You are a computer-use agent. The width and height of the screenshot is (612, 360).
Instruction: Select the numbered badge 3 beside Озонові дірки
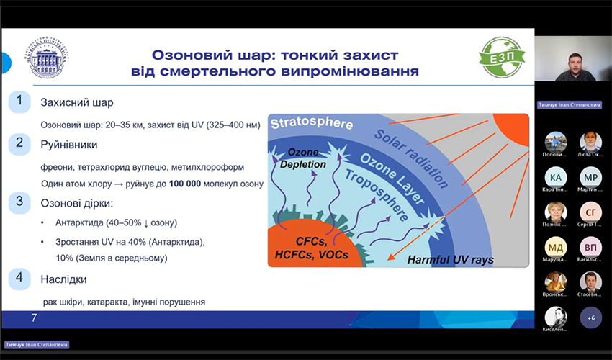click(x=20, y=202)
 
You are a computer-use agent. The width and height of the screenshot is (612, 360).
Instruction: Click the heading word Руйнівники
click(x=68, y=144)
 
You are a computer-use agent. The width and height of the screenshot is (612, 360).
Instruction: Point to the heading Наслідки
click(x=64, y=279)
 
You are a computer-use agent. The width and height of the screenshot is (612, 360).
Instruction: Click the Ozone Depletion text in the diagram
click(x=306, y=158)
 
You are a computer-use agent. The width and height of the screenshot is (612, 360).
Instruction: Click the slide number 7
click(x=34, y=318)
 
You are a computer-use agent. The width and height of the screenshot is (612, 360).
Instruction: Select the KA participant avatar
click(x=556, y=177)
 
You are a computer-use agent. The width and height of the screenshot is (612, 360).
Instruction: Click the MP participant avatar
click(x=591, y=177)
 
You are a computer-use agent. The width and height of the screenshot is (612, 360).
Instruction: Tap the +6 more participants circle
click(x=591, y=318)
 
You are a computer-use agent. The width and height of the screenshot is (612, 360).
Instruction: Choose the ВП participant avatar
click(x=591, y=247)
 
